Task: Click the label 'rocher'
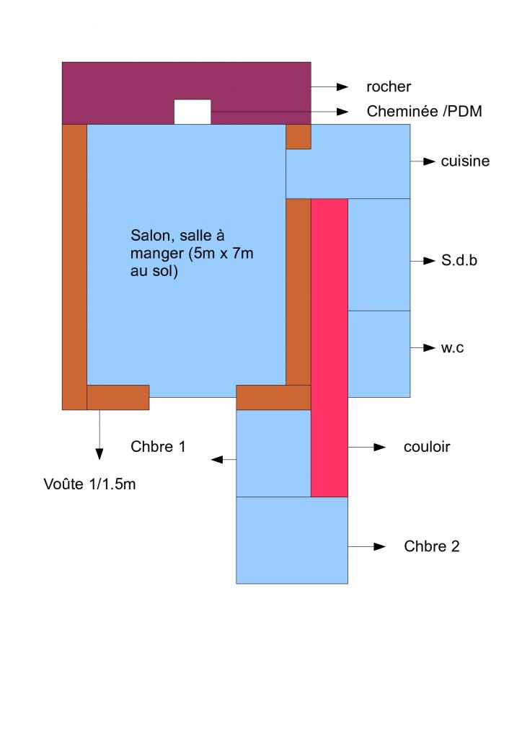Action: click(389, 87)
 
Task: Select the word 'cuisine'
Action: click(465, 161)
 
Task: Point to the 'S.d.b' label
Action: click(459, 261)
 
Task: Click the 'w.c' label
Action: click(453, 348)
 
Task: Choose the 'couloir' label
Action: click(427, 447)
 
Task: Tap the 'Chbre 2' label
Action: click(432, 546)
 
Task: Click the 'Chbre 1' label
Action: click(159, 446)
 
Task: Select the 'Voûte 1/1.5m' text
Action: click(90, 484)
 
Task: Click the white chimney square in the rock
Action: click(193, 112)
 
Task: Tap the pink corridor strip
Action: click(329, 346)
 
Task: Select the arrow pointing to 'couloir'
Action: click(368, 447)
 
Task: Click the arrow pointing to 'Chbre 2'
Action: click(368, 547)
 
